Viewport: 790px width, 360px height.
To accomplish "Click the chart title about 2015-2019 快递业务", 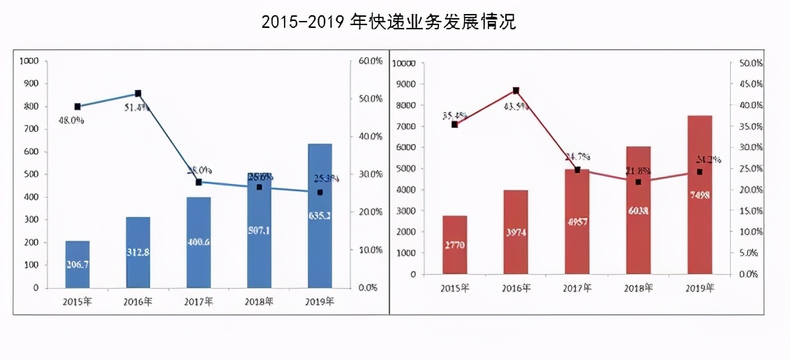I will (389, 22).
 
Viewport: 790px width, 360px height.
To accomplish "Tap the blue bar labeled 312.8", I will (137, 252).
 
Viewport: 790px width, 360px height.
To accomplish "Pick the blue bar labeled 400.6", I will (198, 242).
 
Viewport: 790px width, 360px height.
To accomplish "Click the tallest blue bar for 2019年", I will (320, 216).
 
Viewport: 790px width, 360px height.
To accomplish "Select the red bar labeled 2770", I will (454, 245).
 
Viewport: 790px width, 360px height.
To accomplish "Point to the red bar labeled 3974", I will (516, 232).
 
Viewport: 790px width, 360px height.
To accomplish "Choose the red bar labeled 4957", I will (577, 221).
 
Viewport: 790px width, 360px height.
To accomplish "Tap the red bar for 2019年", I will (699, 195).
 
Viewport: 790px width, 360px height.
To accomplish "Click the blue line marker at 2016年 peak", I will (137, 93).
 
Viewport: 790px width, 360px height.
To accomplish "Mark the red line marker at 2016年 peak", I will (516, 91).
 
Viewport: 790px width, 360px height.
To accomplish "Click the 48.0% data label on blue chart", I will (70, 120).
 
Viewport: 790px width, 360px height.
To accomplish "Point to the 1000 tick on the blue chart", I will (29, 61).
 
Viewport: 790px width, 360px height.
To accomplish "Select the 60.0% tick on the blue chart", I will (370, 61).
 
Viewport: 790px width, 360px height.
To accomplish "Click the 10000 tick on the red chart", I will (405, 63).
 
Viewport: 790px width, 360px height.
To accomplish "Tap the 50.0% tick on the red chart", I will (748, 63).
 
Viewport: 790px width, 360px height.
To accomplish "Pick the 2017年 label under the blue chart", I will (198, 301).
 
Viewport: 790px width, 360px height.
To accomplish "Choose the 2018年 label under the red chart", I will (638, 287).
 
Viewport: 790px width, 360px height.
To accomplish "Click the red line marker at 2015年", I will (454, 124).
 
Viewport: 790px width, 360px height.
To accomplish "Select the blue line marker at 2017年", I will (198, 182).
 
